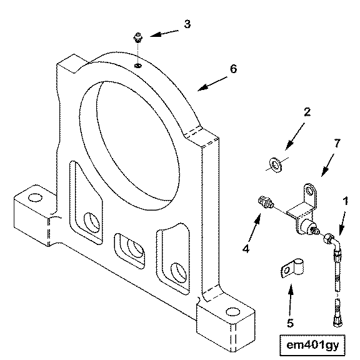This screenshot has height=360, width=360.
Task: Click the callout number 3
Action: (187, 24)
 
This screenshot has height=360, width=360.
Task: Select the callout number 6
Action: (233, 69)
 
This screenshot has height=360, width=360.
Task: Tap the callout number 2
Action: (307, 112)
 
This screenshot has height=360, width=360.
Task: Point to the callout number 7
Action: (337, 143)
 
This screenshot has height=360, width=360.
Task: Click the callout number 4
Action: (246, 249)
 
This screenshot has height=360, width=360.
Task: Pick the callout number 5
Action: (291, 323)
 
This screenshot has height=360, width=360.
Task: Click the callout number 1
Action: (345, 201)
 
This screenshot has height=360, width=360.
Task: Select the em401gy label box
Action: (312, 345)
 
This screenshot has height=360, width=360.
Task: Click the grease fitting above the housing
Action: (137, 37)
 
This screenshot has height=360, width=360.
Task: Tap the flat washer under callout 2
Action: (276, 165)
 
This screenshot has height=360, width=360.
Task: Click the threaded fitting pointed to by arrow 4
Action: (266, 202)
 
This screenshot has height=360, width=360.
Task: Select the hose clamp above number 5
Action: (292, 267)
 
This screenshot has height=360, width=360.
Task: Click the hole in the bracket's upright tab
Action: (310, 191)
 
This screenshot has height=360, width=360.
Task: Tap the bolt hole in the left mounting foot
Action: (35, 197)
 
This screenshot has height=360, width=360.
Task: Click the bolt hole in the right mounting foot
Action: (232, 312)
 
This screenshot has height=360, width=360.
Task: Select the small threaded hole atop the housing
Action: (137, 66)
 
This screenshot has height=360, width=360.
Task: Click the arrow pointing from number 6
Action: (212, 84)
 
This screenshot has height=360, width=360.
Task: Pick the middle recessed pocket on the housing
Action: (129, 251)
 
